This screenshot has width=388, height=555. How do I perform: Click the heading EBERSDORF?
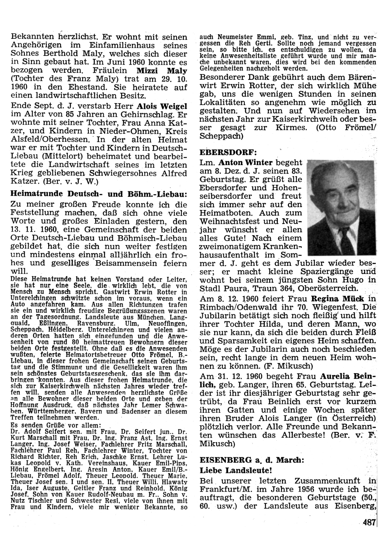coord(223,151)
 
